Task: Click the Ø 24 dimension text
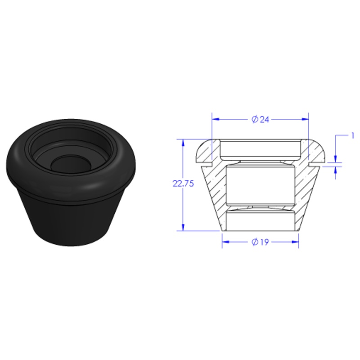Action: (260, 119)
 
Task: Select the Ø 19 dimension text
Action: (260, 242)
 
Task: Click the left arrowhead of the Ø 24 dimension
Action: (215, 119)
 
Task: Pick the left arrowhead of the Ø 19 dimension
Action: (225, 242)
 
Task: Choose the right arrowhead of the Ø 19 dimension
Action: (295, 242)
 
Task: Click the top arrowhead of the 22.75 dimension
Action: (183, 143)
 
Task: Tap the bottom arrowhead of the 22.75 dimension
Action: (183, 227)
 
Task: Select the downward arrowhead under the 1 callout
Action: (336, 159)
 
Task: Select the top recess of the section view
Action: (260, 148)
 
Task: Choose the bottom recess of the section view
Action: (260, 220)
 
